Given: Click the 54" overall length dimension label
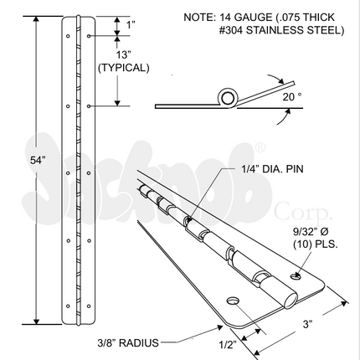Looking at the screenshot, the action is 38,161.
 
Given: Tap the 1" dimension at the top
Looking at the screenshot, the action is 131,25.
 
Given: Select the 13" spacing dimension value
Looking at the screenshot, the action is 122,55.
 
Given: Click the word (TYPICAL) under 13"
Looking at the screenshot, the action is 124,68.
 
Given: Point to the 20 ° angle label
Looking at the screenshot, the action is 292,97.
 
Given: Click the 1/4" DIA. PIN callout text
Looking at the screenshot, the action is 272,169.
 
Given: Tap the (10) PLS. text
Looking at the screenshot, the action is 316,244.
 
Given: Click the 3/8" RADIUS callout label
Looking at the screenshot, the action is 128,342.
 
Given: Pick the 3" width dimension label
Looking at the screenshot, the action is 307,324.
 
